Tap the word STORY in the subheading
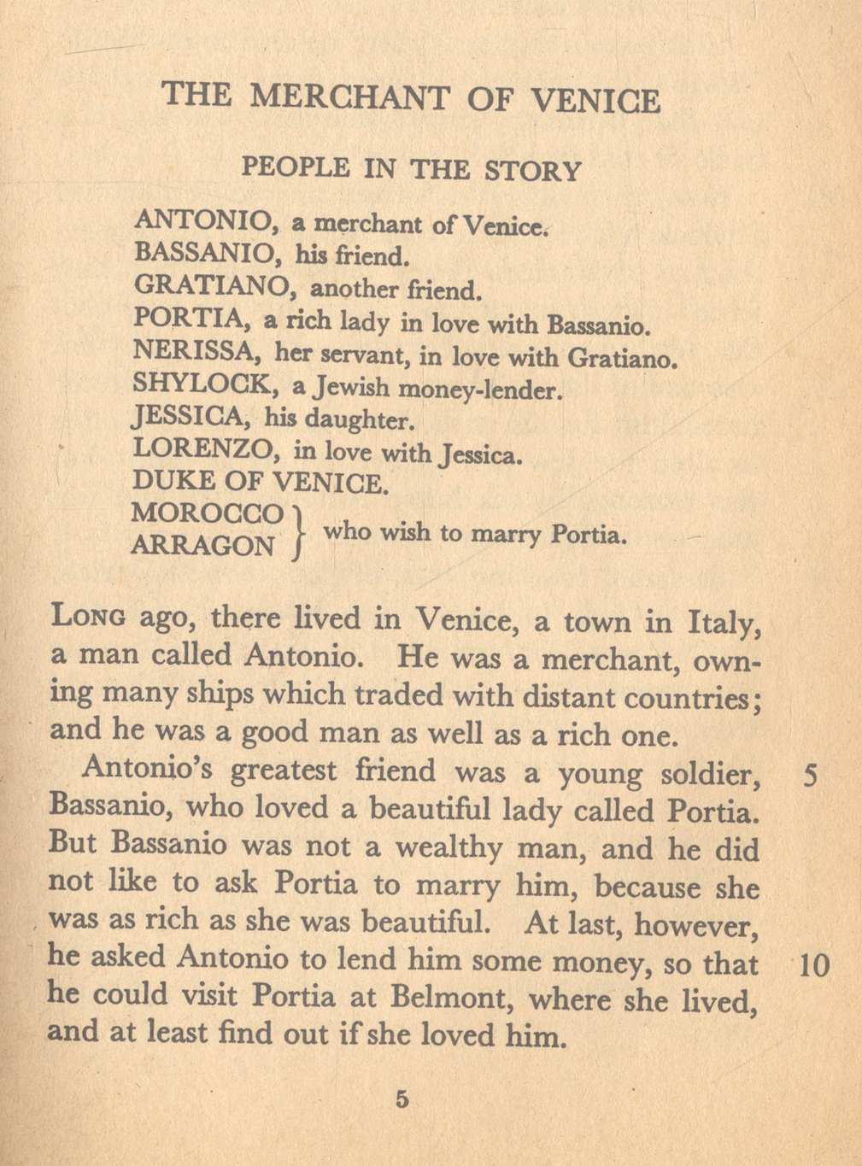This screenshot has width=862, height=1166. click(x=532, y=170)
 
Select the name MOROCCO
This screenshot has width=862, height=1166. click(x=208, y=513)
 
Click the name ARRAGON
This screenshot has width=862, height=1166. click(x=203, y=545)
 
